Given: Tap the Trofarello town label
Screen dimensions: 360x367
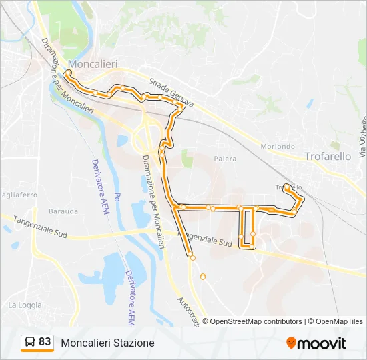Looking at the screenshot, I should point(328,156).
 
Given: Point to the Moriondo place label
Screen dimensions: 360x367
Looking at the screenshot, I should point(278,146).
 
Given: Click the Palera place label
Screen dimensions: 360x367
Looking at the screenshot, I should point(226,159).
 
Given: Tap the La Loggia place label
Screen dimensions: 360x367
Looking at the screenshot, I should point(25,305).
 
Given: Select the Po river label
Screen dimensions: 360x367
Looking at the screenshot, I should point(117,197).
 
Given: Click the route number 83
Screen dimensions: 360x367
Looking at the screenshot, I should point(45,342).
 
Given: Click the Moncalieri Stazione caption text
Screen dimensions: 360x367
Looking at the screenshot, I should point(107,343).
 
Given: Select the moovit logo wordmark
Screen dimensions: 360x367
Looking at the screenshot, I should point(322,343).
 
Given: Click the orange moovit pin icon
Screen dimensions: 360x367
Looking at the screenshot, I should point(291,343).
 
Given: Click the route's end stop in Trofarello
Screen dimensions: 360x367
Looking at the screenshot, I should point(286,187).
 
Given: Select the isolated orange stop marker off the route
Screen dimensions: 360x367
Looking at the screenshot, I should point(203,277).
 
